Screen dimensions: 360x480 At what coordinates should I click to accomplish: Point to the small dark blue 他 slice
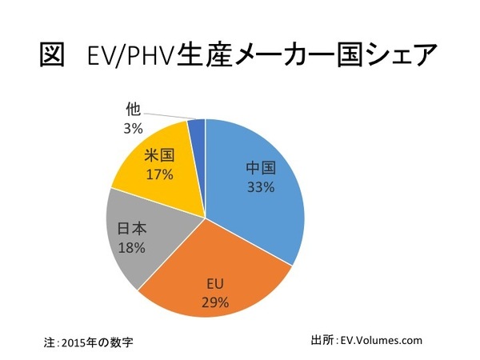pos(197,126)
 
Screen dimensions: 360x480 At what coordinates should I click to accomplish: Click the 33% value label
pos(261,188)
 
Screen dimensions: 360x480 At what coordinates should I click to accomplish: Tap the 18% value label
pos(131,247)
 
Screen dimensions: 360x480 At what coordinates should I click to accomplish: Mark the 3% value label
pos(132,128)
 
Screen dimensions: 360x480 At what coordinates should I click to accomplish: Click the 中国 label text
pos(261,169)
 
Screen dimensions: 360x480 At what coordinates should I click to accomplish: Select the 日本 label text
pos(132,229)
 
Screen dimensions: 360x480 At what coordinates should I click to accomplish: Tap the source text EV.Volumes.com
pos(381,340)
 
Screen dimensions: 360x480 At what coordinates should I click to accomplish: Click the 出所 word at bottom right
pos(319,340)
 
